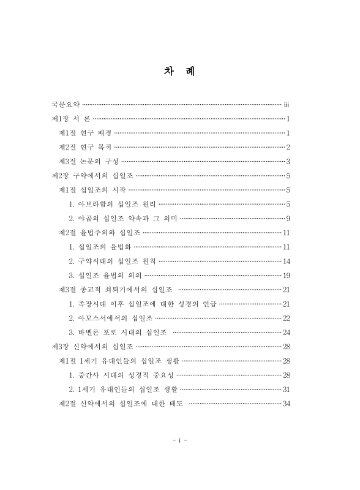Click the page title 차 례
pos(179,72)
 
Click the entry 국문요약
pos(66,105)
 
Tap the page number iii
pos(287,105)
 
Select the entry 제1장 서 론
pos(72,119)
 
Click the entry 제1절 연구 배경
pos(85,133)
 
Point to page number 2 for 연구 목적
pos(288,147)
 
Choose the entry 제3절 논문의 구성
pos(88,161)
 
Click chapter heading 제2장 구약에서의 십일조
pos(91,175)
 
